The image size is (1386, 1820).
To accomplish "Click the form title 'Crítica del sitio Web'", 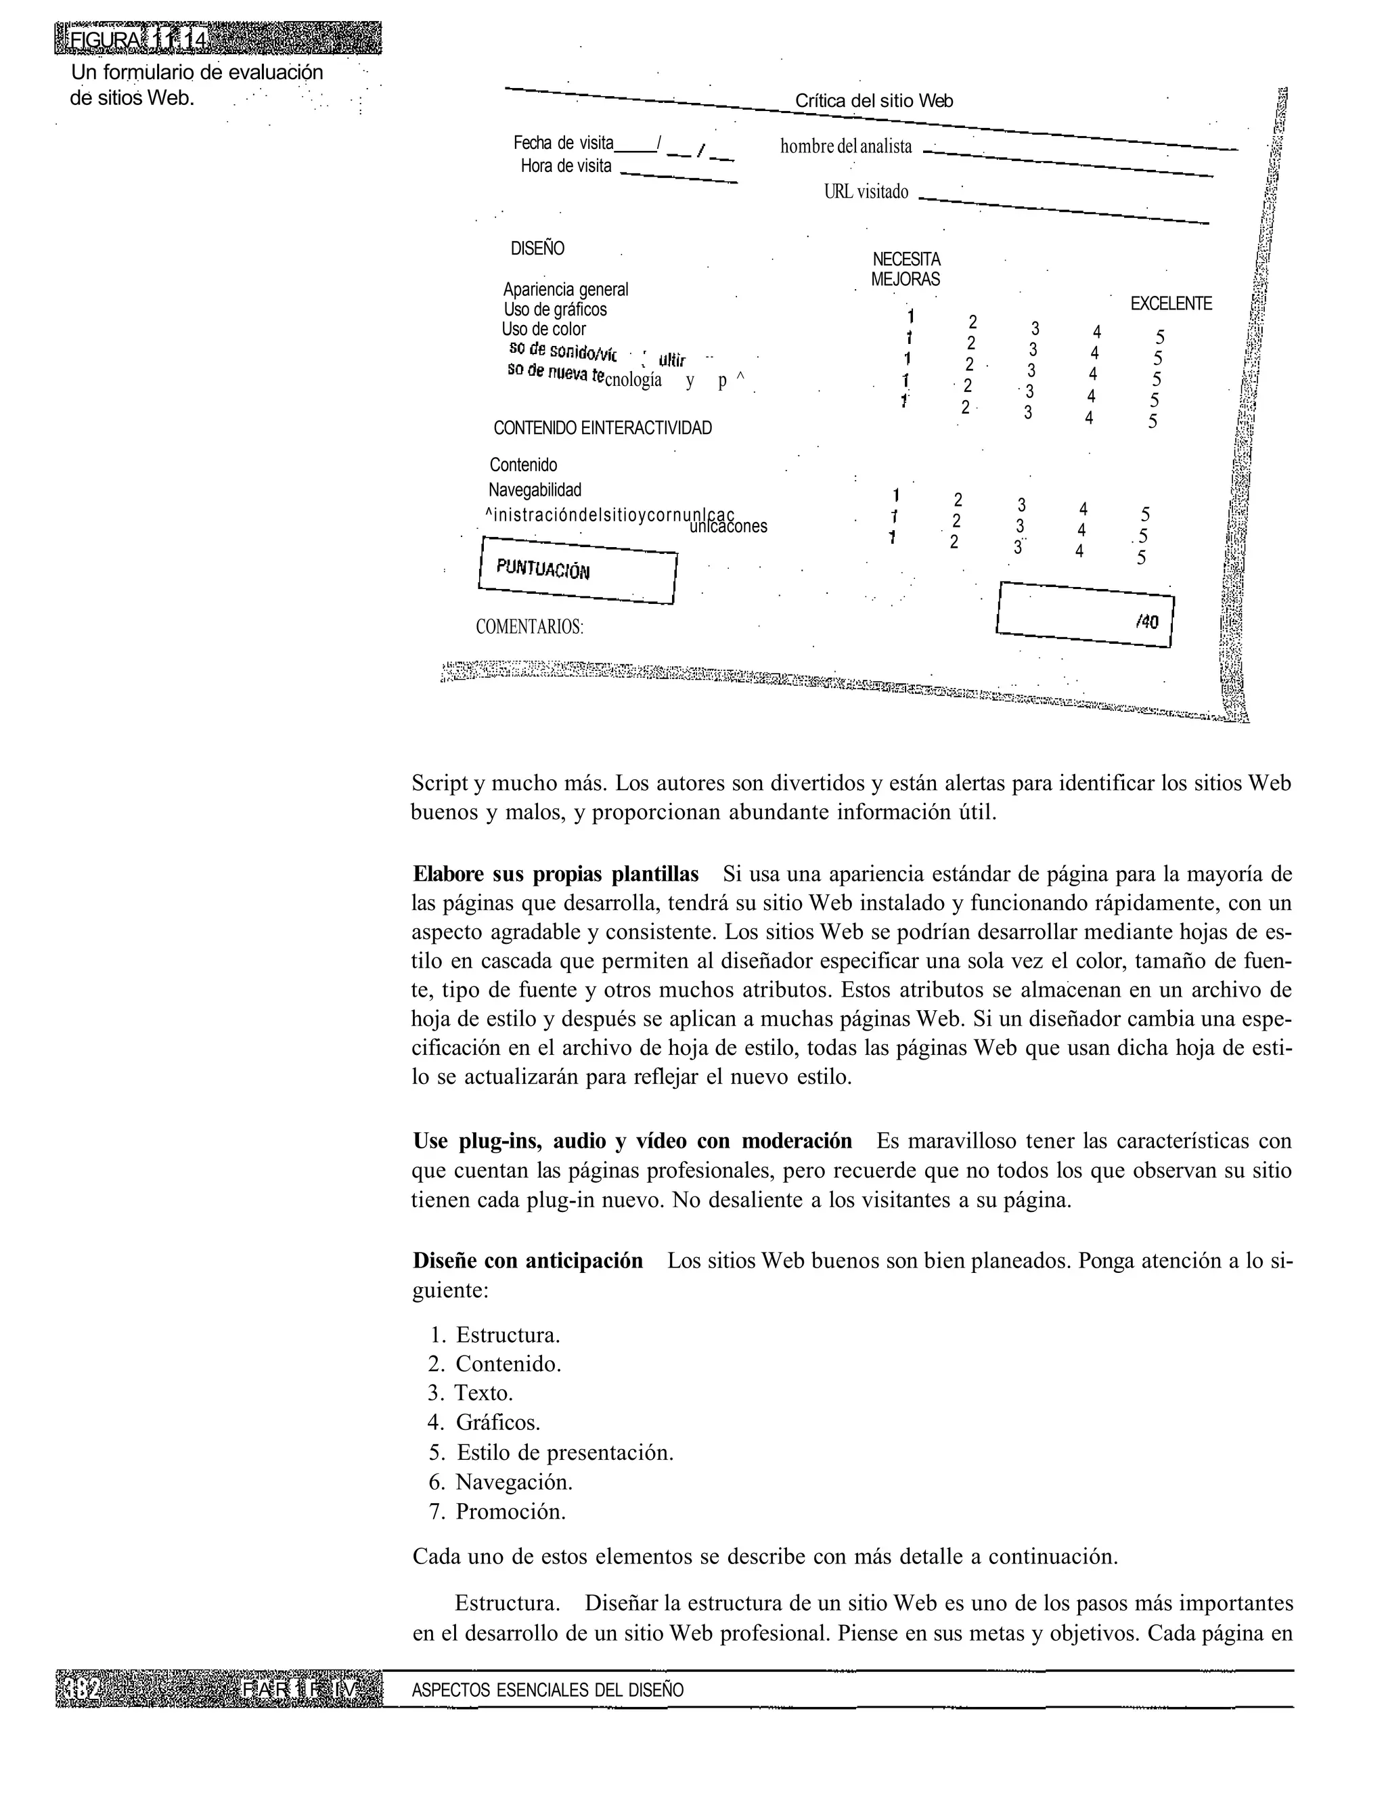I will point(873,101).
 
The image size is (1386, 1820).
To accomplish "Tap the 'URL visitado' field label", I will point(866,192).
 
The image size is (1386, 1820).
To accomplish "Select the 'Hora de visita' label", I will point(566,166).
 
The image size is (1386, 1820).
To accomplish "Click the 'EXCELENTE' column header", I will point(1171,304).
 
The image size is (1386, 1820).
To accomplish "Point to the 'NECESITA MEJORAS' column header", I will point(906,269).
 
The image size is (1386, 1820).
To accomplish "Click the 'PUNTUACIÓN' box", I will point(577,570).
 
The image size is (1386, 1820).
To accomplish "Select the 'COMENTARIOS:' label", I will point(530,626).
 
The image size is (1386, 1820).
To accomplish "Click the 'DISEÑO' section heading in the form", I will point(537,248).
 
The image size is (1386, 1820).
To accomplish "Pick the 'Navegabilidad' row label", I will point(535,490).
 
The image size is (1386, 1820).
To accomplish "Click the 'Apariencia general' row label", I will point(566,290).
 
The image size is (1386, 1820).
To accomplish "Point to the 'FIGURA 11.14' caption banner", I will point(218,39).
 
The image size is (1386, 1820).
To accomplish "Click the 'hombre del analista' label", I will point(846,147).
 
